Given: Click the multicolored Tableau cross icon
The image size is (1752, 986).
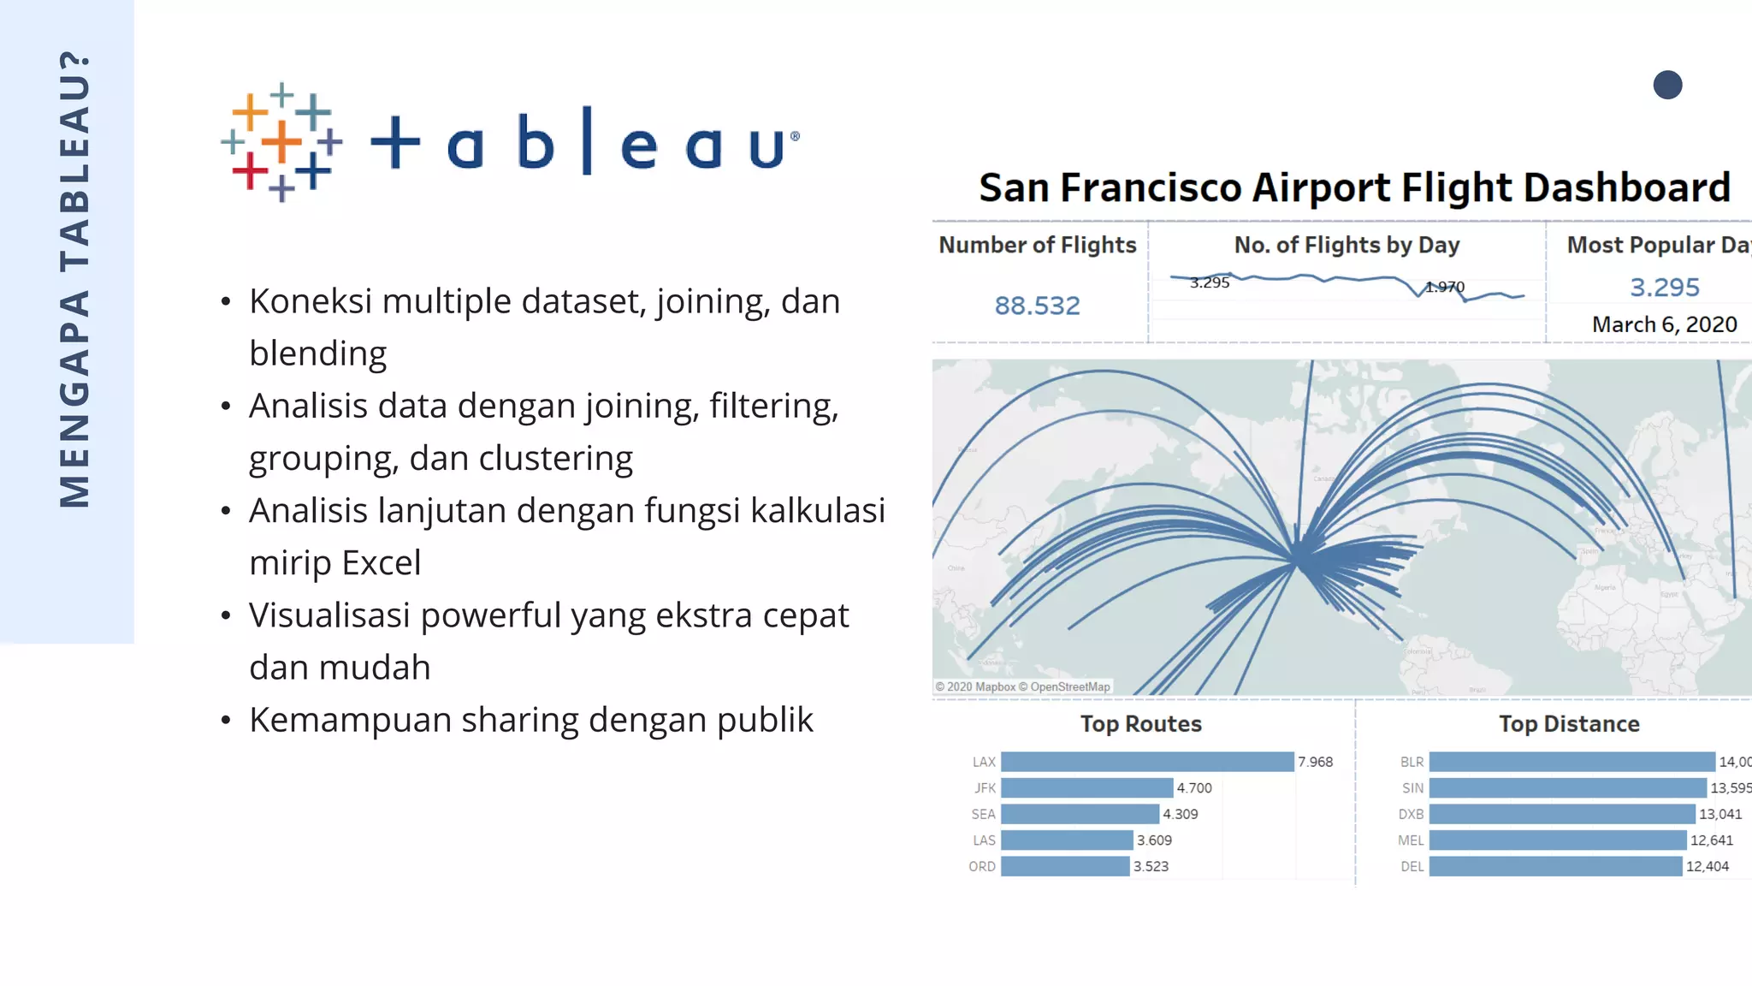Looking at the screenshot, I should point(281,142).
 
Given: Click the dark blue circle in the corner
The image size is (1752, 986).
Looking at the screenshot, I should point(1667,85).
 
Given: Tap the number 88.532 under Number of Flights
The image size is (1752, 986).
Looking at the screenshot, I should point(1037,306).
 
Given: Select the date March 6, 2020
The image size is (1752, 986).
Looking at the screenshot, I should point(1664,324).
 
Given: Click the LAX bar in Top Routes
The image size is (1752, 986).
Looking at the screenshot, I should point(1146,762).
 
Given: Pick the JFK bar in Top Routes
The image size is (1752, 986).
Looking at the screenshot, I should point(1086,787).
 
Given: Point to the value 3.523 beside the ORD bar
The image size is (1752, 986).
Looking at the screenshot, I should point(1151,866).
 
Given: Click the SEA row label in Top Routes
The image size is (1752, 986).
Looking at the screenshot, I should point(983,814).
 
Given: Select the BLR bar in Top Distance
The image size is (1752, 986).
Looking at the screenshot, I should point(1571,762).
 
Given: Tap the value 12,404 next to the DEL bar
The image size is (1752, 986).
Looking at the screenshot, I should point(1707,866).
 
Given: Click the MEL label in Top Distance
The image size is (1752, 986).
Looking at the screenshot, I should point(1411,840).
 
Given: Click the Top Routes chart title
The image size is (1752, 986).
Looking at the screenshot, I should point(1140,724).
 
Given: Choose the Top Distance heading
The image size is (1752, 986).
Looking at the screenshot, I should point(1569,724).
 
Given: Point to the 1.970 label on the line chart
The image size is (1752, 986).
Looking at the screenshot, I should point(1445,287).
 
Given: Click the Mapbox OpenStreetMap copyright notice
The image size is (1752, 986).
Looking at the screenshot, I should point(1022,686).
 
